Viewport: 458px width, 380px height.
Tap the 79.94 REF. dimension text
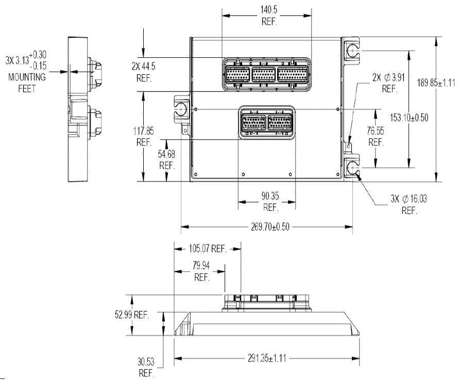[202, 272]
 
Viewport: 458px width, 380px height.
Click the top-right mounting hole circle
[351, 51]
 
